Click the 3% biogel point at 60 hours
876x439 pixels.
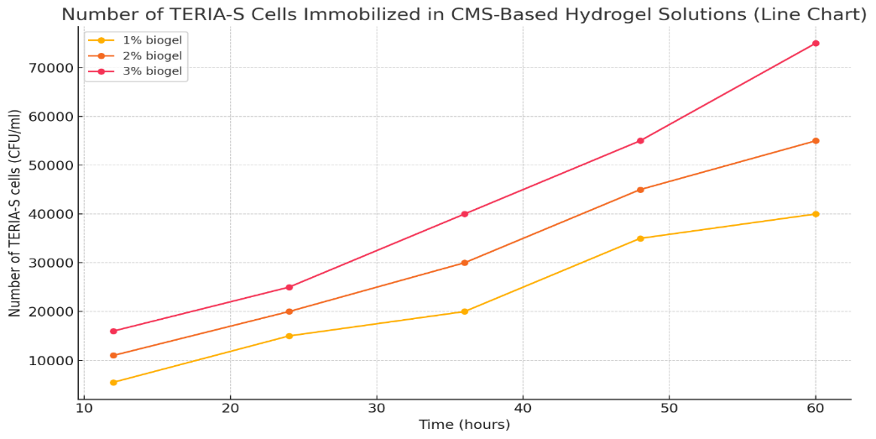pos(816,44)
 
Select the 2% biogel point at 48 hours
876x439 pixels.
pos(640,190)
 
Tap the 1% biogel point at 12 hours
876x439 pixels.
pos(113,383)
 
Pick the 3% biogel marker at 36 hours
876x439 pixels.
pos(465,214)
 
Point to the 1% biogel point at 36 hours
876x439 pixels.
pos(465,311)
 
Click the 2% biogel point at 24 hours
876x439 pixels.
pos(289,311)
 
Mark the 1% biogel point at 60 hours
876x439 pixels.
pos(816,214)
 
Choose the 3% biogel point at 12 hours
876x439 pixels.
pos(113,332)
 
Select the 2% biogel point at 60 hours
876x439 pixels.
pos(816,141)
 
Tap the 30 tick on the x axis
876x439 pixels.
pos(377,409)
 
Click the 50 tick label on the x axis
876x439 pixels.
pos(670,409)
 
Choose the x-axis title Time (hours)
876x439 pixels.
pos(465,426)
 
